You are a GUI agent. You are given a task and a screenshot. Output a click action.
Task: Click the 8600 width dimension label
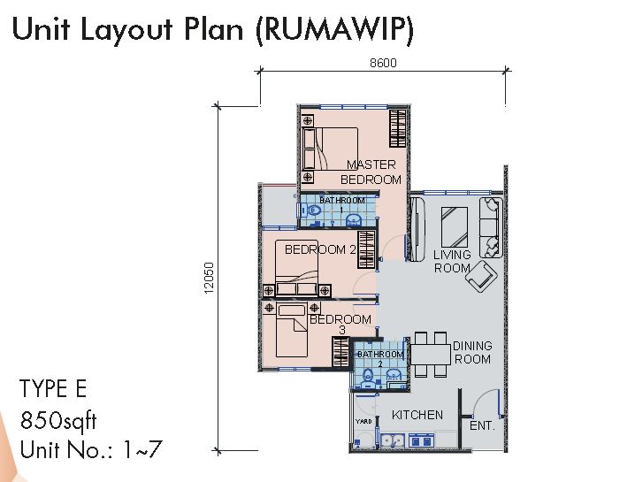[383, 63]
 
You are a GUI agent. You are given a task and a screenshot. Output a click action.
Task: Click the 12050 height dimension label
[209, 278]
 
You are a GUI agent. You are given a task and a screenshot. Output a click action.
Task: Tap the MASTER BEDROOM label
[371, 172]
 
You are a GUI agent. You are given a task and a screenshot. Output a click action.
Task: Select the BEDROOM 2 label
[320, 249]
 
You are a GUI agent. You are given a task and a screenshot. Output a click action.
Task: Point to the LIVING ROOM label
[452, 261]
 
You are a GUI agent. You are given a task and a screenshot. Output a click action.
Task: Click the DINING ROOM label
[472, 352]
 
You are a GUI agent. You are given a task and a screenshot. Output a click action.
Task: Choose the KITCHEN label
[417, 415]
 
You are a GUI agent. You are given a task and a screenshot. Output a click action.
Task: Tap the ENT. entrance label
[482, 425]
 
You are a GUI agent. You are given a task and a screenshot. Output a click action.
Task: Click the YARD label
[363, 422]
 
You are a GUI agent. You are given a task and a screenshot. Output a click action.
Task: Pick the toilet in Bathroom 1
[312, 210]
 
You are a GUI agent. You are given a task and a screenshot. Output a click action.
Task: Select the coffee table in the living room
[455, 226]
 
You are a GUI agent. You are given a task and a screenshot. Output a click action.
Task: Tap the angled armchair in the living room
[481, 276]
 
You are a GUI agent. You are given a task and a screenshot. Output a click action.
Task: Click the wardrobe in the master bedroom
[398, 128]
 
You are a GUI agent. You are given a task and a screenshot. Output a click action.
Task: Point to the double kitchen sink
[393, 440]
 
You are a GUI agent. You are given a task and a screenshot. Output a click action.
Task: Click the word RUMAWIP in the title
[334, 29]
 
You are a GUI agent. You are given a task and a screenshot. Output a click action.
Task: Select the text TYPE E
[53, 389]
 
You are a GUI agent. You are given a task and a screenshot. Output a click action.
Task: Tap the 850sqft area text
[58, 420]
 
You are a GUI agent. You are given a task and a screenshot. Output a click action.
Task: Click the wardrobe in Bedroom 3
[340, 352]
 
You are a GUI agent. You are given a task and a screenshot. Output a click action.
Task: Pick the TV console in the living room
[417, 229]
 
